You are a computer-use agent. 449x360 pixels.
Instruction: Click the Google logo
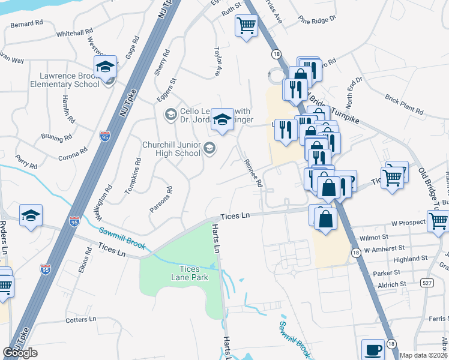tap(20, 353)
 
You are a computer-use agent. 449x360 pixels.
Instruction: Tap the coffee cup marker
tap(372, 349)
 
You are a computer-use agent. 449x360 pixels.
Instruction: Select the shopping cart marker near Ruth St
tap(246, 26)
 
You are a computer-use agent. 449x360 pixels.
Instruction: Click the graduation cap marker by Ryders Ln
tap(31, 215)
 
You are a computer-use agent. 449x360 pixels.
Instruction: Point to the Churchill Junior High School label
tap(171, 149)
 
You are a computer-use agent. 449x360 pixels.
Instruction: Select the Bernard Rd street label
tap(27, 23)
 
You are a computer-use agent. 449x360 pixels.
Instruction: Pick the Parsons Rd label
tap(161, 199)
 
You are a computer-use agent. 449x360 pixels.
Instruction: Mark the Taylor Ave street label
tap(218, 62)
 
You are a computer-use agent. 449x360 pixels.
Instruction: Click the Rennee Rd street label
tap(253, 173)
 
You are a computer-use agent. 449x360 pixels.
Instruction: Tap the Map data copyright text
tap(423, 355)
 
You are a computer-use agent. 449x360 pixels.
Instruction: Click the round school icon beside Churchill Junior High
tap(209, 148)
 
